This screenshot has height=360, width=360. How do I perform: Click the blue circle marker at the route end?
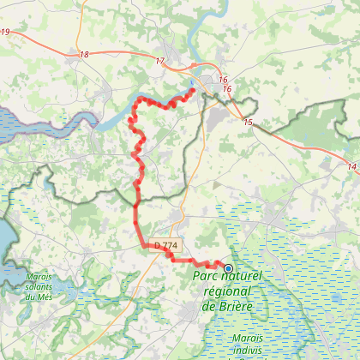(x=228, y=268)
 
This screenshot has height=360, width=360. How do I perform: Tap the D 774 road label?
(x=166, y=246)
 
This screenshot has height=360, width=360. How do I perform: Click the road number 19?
(x=6, y=33)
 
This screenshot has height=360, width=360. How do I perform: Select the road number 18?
(x=83, y=55)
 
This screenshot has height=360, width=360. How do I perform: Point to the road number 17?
(x=160, y=61)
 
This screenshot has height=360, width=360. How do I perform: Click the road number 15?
(x=248, y=123)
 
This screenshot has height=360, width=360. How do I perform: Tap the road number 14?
(x=352, y=165)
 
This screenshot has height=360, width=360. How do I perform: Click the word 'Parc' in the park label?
(x=206, y=277)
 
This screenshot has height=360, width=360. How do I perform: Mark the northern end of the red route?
(x=193, y=89)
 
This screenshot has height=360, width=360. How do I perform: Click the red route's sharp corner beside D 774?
(x=142, y=247)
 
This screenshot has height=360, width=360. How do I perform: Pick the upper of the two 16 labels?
(x=221, y=79)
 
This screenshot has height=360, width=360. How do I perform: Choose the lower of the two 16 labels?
(x=227, y=88)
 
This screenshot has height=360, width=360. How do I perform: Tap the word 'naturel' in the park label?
(x=242, y=277)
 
